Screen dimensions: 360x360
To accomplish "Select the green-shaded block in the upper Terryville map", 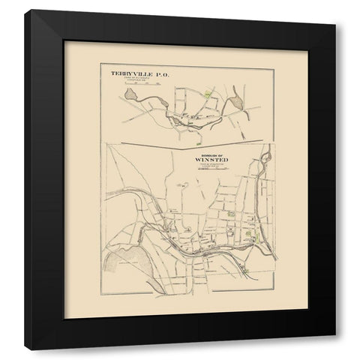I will coord(208,96).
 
